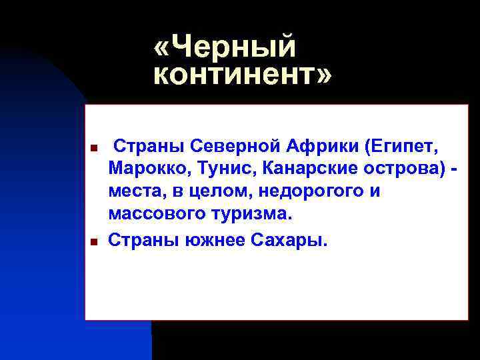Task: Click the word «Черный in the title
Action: pyautogui.click(x=225, y=48)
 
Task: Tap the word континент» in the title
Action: pyautogui.click(x=242, y=75)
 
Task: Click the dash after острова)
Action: pyautogui.click(x=455, y=169)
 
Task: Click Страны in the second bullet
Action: pyautogui.click(x=142, y=239)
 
